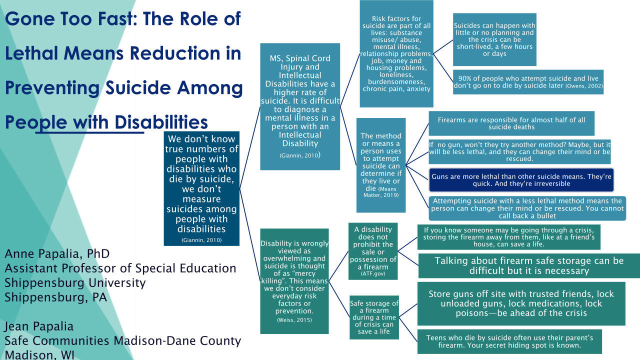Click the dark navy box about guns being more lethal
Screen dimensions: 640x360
click(x=521, y=180)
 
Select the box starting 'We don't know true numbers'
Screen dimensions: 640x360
click(x=201, y=188)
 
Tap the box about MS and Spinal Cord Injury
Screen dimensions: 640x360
click(x=300, y=106)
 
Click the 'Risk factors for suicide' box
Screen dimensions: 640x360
click(x=396, y=53)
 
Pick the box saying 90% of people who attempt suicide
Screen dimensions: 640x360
click(x=528, y=82)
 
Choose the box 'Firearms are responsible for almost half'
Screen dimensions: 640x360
click(x=511, y=123)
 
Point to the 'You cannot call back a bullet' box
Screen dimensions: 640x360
click(x=527, y=208)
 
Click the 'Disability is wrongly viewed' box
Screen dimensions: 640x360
click(x=294, y=281)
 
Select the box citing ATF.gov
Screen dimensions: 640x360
click(x=373, y=251)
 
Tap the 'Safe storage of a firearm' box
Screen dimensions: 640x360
click(x=374, y=317)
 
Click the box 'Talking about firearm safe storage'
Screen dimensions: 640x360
click(x=529, y=265)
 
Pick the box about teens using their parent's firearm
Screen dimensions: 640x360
click(x=509, y=341)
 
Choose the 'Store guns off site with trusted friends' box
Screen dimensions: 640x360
click(x=521, y=303)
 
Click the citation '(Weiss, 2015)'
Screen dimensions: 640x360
click(x=294, y=320)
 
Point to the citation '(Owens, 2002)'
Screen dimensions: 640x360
click(x=584, y=86)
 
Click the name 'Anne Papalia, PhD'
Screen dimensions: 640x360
click(x=57, y=253)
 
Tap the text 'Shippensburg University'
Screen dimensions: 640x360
click(x=75, y=283)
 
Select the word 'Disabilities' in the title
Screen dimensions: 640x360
click(x=161, y=122)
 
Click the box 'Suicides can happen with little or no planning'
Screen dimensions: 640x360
click(x=494, y=39)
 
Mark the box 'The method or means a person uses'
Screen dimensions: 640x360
click(x=381, y=165)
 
